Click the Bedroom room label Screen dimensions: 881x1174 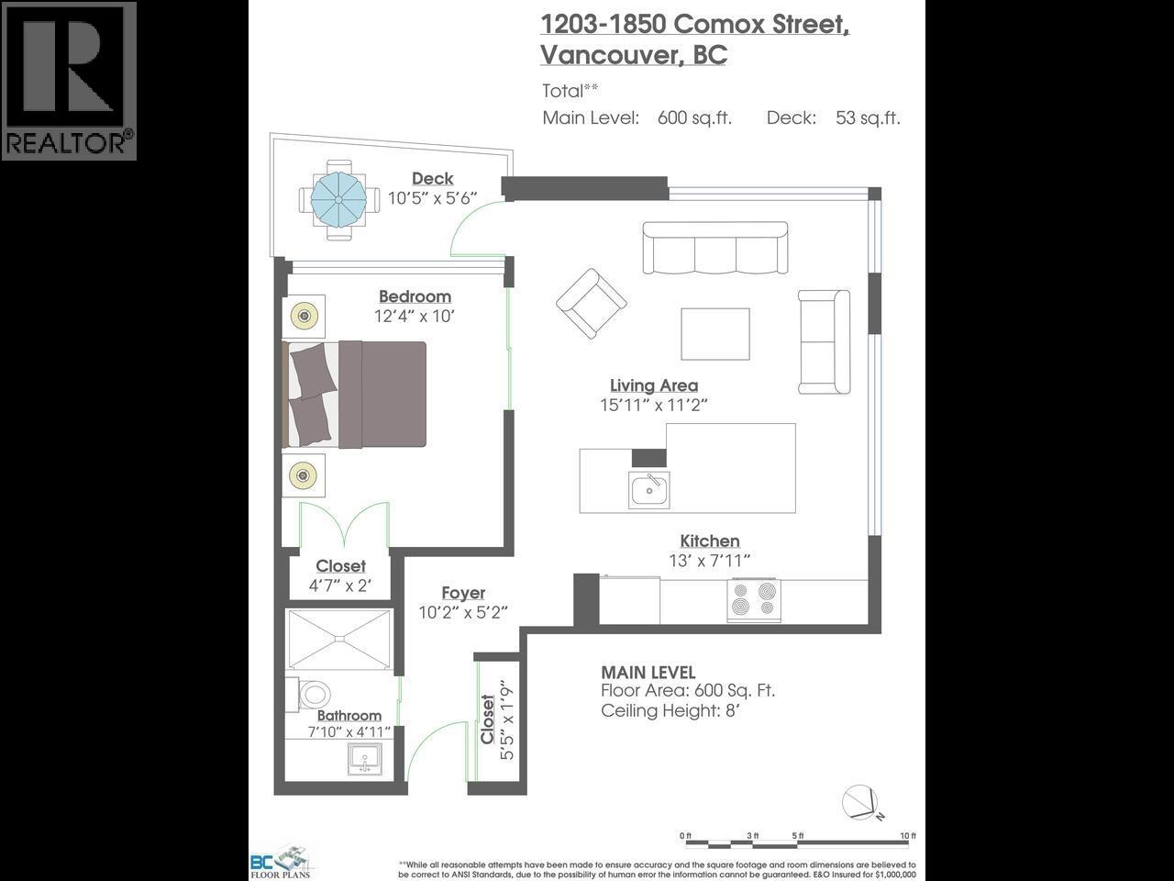click(415, 296)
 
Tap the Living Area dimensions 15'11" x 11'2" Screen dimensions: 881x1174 click(654, 405)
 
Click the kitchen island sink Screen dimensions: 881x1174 click(649, 489)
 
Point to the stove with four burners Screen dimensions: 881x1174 click(752, 601)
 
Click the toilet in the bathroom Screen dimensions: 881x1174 click(312, 695)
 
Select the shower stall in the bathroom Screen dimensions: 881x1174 click(339, 638)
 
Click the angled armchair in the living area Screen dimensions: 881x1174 click(592, 303)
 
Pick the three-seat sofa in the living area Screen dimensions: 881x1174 click(714, 248)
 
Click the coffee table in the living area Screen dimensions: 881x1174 click(714, 334)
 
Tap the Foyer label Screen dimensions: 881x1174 click(463, 593)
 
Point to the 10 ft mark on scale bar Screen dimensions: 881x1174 click(908, 836)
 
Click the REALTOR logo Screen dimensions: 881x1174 click(69, 81)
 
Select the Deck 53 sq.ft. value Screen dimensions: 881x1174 click(867, 117)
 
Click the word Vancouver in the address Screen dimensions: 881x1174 click(608, 55)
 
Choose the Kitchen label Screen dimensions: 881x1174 click(709, 541)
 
